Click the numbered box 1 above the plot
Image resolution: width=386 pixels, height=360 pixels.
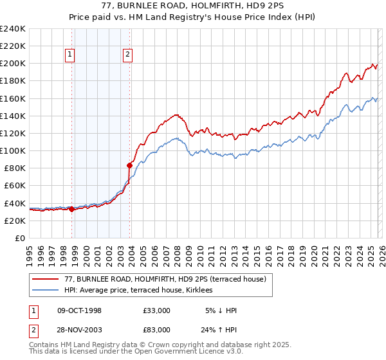coord(69,55)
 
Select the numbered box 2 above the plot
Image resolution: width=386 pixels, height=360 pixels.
coord(128,55)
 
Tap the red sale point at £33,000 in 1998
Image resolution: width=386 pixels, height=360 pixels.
coord(71,209)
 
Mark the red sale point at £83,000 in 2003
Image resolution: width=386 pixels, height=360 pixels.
coord(129,165)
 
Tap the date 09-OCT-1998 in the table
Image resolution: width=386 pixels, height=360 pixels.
coord(79,310)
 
